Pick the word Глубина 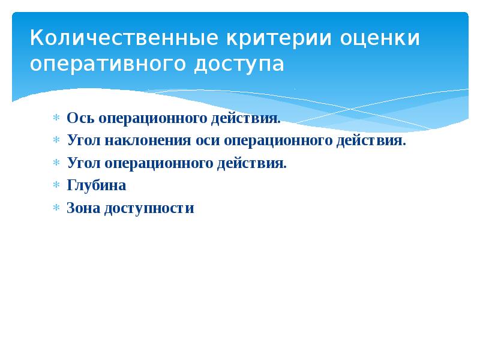pos(97,186)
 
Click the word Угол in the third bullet pos(83,163)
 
